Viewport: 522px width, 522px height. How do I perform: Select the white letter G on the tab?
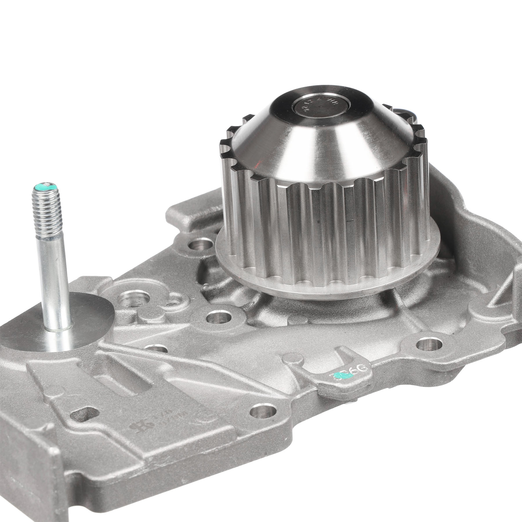[x=363, y=369]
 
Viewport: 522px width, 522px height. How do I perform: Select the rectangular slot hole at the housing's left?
[x=83, y=415]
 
